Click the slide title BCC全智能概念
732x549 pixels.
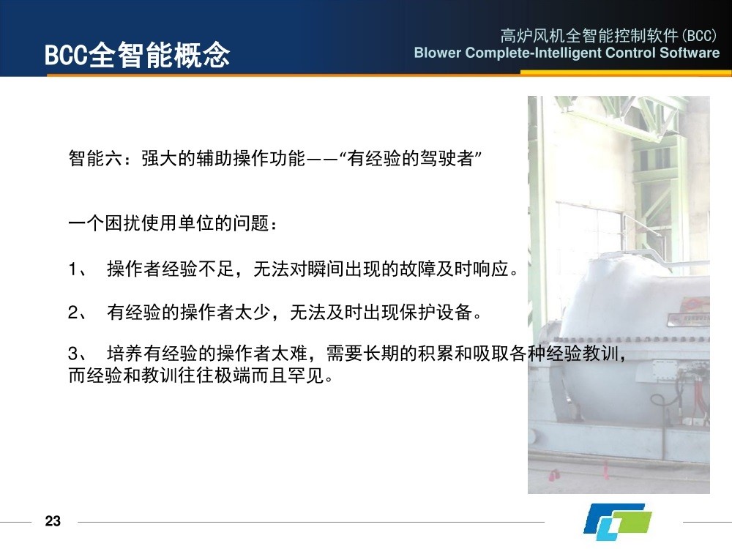pyautogui.click(x=137, y=55)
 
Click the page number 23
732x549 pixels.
pyautogui.click(x=53, y=520)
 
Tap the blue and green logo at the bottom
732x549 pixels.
pyautogui.click(x=617, y=521)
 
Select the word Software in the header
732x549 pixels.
pyautogui.click(x=690, y=52)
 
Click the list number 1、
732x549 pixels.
pyautogui.click(x=78, y=269)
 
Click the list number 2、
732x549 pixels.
pyautogui.click(x=78, y=312)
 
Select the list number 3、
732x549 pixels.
pyautogui.click(x=78, y=354)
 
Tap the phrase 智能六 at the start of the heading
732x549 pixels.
pyautogui.click(x=96, y=158)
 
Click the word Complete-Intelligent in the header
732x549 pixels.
pyautogui.click(x=533, y=53)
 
